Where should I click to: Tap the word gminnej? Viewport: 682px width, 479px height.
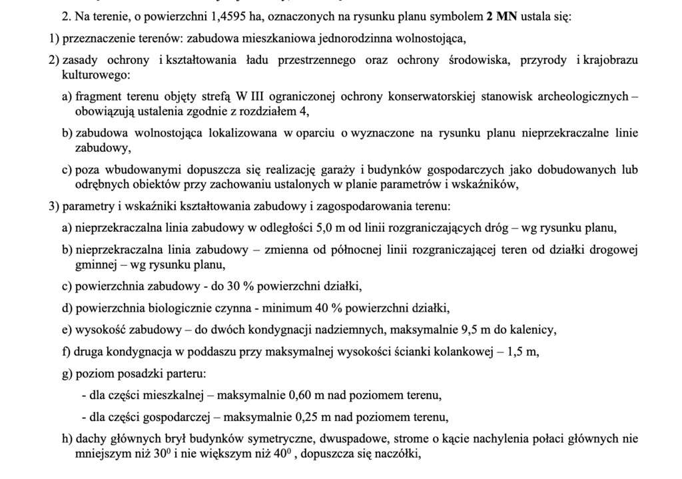coord(95,265)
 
